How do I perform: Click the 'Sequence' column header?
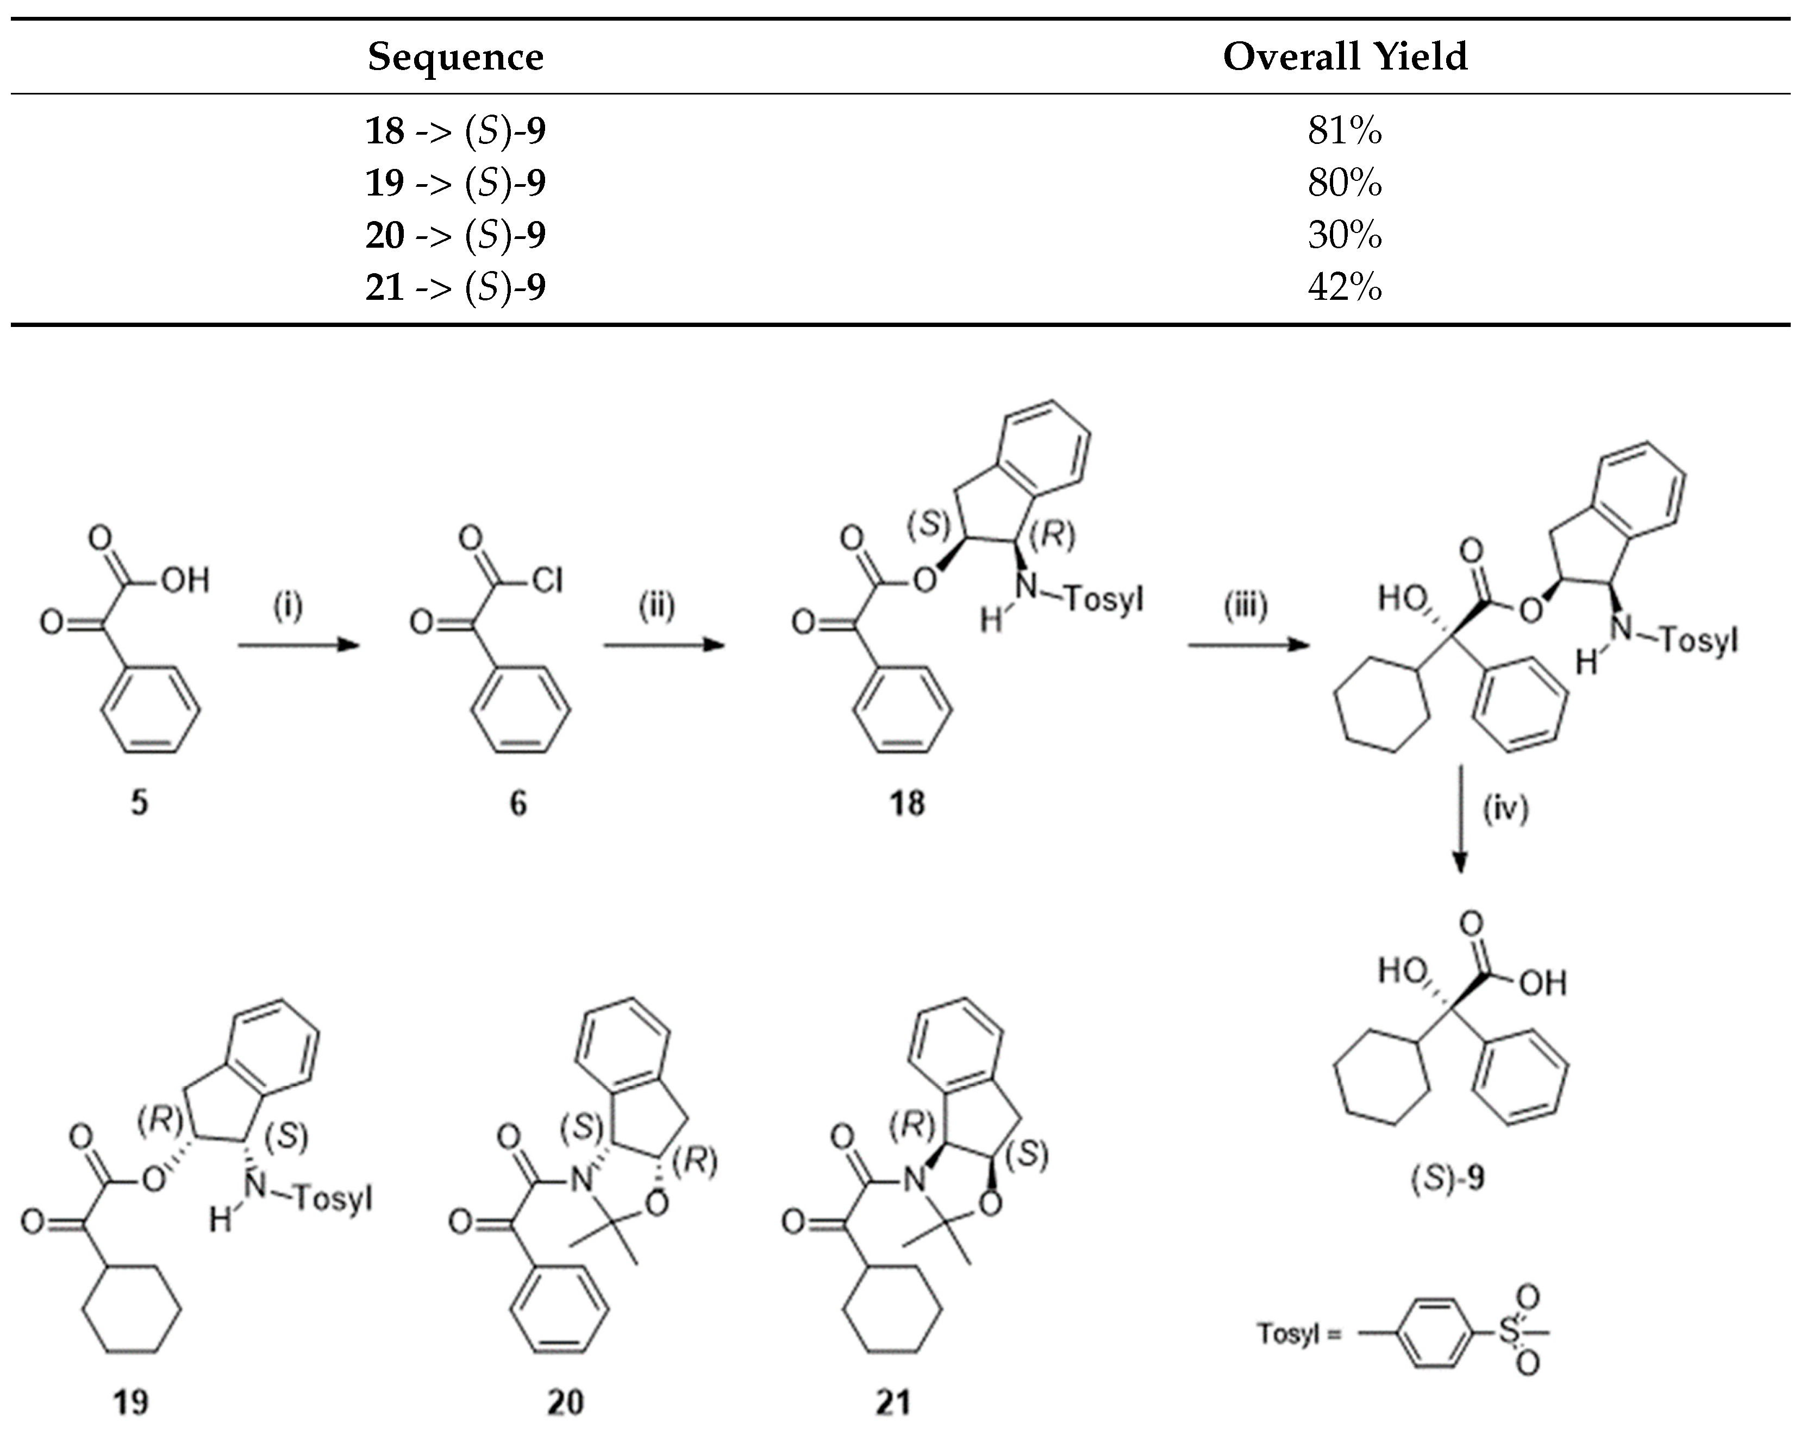coord(455,57)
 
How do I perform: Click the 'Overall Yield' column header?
coord(1345,57)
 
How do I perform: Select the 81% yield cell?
coord(1345,131)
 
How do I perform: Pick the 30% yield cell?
coord(1345,235)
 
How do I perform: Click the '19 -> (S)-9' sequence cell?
coord(455,183)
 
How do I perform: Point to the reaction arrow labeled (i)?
coord(298,645)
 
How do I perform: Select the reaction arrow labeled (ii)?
coord(664,645)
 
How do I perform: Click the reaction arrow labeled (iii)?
coord(1248,645)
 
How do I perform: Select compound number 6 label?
coord(518,803)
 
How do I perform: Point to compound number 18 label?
coord(907,803)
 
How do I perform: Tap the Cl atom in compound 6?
coord(547,580)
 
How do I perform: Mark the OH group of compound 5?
coord(184,580)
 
